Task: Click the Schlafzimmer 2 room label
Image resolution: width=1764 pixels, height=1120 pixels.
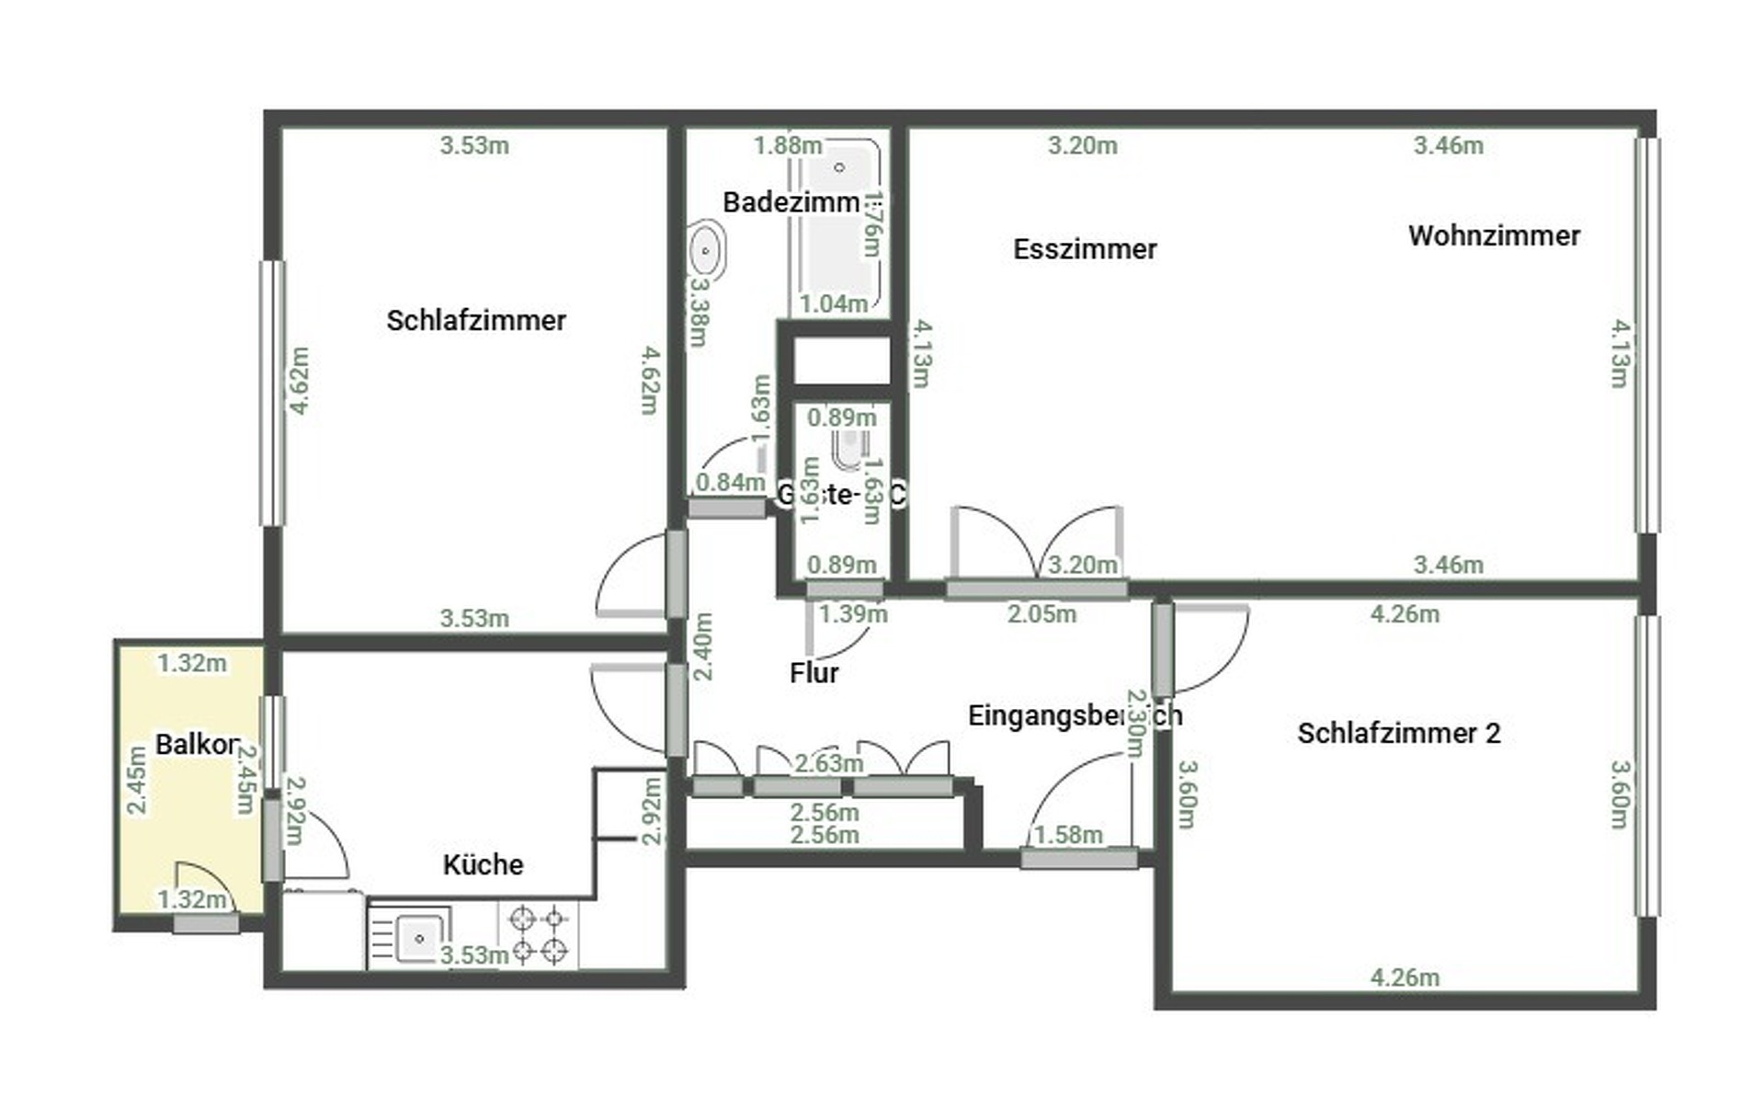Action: pyautogui.click(x=1398, y=733)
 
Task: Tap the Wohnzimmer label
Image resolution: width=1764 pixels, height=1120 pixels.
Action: pyautogui.click(x=1494, y=235)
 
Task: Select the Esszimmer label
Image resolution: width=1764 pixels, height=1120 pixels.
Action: pyautogui.click(x=1085, y=248)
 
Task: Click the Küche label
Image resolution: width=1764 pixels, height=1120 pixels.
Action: pyautogui.click(x=483, y=864)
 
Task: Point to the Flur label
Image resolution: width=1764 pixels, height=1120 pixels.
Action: pyautogui.click(x=814, y=673)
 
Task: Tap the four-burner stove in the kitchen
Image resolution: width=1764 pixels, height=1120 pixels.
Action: pyautogui.click(x=539, y=934)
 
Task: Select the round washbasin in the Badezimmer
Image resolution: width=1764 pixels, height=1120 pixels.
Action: pyautogui.click(x=706, y=250)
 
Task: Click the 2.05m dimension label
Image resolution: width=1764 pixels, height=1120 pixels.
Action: pyautogui.click(x=1041, y=613)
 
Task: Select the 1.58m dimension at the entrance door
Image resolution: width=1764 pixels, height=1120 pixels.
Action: pyautogui.click(x=1068, y=835)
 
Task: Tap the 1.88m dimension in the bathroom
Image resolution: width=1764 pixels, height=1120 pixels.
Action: pyautogui.click(x=788, y=145)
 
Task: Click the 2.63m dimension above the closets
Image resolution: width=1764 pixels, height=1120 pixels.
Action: pyautogui.click(x=828, y=763)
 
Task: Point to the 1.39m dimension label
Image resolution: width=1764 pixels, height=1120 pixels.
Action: pyautogui.click(x=853, y=613)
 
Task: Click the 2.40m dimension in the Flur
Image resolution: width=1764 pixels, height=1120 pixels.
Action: pyautogui.click(x=703, y=646)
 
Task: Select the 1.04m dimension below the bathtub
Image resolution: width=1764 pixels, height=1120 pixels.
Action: pyautogui.click(x=833, y=303)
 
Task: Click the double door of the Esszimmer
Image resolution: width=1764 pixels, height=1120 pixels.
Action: pyautogui.click(x=1037, y=547)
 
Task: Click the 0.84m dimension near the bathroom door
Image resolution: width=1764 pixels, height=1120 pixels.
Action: pyautogui.click(x=730, y=482)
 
